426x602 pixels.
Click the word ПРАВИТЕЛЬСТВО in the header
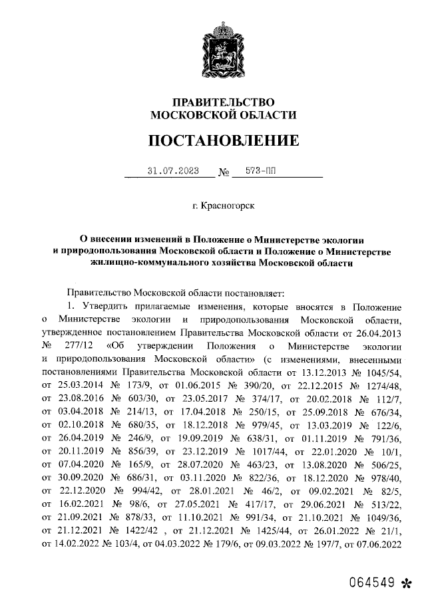click(x=223, y=102)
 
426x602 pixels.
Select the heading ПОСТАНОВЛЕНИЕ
click(x=223, y=140)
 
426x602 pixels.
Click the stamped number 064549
click(x=370, y=585)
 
